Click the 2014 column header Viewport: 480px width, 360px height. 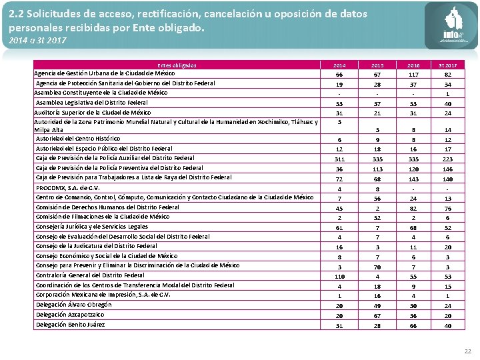339,65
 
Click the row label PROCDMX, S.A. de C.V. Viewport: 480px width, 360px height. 67,188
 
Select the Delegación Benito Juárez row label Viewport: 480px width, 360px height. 70,325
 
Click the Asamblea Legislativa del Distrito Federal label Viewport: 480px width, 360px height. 92,103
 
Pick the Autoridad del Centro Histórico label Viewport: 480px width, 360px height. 78,138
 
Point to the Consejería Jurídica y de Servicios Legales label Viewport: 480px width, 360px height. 91,227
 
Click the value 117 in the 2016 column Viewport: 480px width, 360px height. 414,75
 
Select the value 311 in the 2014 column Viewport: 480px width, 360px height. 339,159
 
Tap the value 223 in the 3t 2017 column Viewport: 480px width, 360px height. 449,159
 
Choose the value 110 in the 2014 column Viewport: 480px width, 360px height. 339,276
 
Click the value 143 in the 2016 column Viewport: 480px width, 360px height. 414,179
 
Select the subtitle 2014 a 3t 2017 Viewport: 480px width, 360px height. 38,41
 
